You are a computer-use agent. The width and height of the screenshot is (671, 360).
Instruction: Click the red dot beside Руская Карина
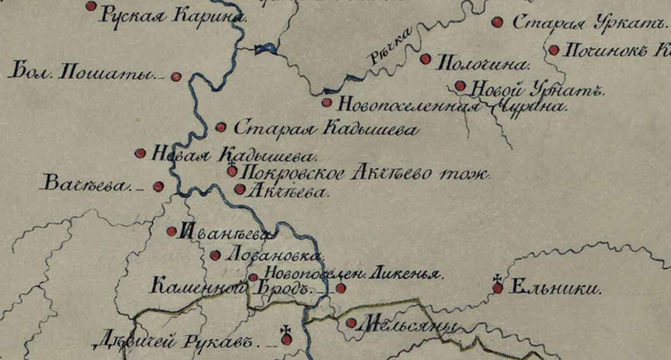coord(91,6)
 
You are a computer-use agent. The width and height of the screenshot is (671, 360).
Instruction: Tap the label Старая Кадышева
coord(325,129)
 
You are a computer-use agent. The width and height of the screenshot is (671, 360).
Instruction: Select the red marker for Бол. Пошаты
coord(176,77)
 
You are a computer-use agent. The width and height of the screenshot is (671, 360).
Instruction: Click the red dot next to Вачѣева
coord(159,187)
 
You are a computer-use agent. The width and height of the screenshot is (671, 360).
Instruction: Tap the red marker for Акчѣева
coord(240,190)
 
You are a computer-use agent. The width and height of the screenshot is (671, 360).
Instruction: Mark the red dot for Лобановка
coord(215,255)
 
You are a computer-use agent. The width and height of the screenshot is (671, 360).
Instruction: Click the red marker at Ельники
coord(498,288)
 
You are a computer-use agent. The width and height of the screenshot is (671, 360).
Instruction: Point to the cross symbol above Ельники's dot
coord(497,278)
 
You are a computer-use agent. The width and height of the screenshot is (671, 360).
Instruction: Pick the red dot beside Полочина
coord(426,59)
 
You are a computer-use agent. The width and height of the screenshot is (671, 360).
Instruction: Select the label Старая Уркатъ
coord(589,24)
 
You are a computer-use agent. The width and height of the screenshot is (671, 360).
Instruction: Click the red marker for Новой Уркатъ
coord(460,86)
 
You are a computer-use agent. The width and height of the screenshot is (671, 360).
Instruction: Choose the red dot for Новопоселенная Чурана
coord(327,103)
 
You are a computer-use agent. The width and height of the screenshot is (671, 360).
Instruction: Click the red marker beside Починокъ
coord(554,50)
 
